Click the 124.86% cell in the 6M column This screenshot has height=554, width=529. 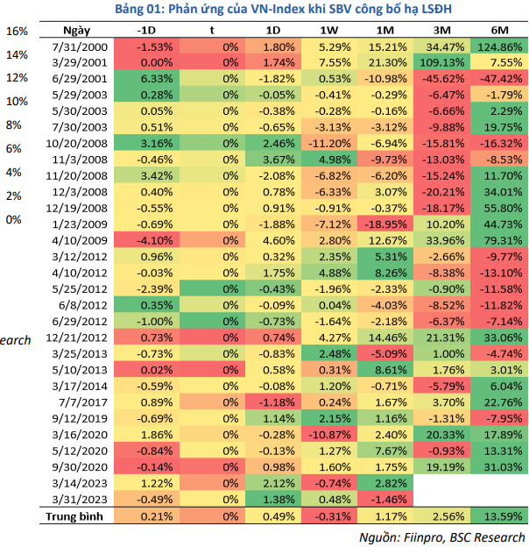(499, 47)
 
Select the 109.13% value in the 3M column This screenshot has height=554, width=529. (441, 63)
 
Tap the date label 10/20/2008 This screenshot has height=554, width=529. (76, 144)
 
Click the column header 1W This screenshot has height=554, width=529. (329, 31)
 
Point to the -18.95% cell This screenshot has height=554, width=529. (385, 224)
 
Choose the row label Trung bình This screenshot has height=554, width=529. (74, 517)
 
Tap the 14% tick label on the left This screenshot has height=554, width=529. (17, 54)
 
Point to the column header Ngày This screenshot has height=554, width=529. (76, 31)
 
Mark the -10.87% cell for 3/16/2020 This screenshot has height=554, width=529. (329, 435)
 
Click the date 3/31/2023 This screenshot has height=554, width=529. (80, 500)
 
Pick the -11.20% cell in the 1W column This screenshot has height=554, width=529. (329, 144)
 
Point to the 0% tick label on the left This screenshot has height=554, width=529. (13, 220)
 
